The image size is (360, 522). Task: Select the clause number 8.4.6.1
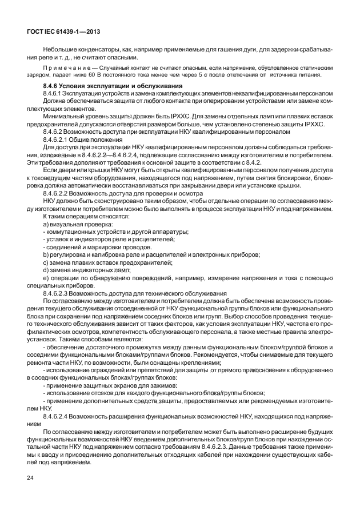[x=55, y=92]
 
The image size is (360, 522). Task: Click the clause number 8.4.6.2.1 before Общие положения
[x=58, y=139]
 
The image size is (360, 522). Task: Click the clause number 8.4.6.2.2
[x=58, y=193]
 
